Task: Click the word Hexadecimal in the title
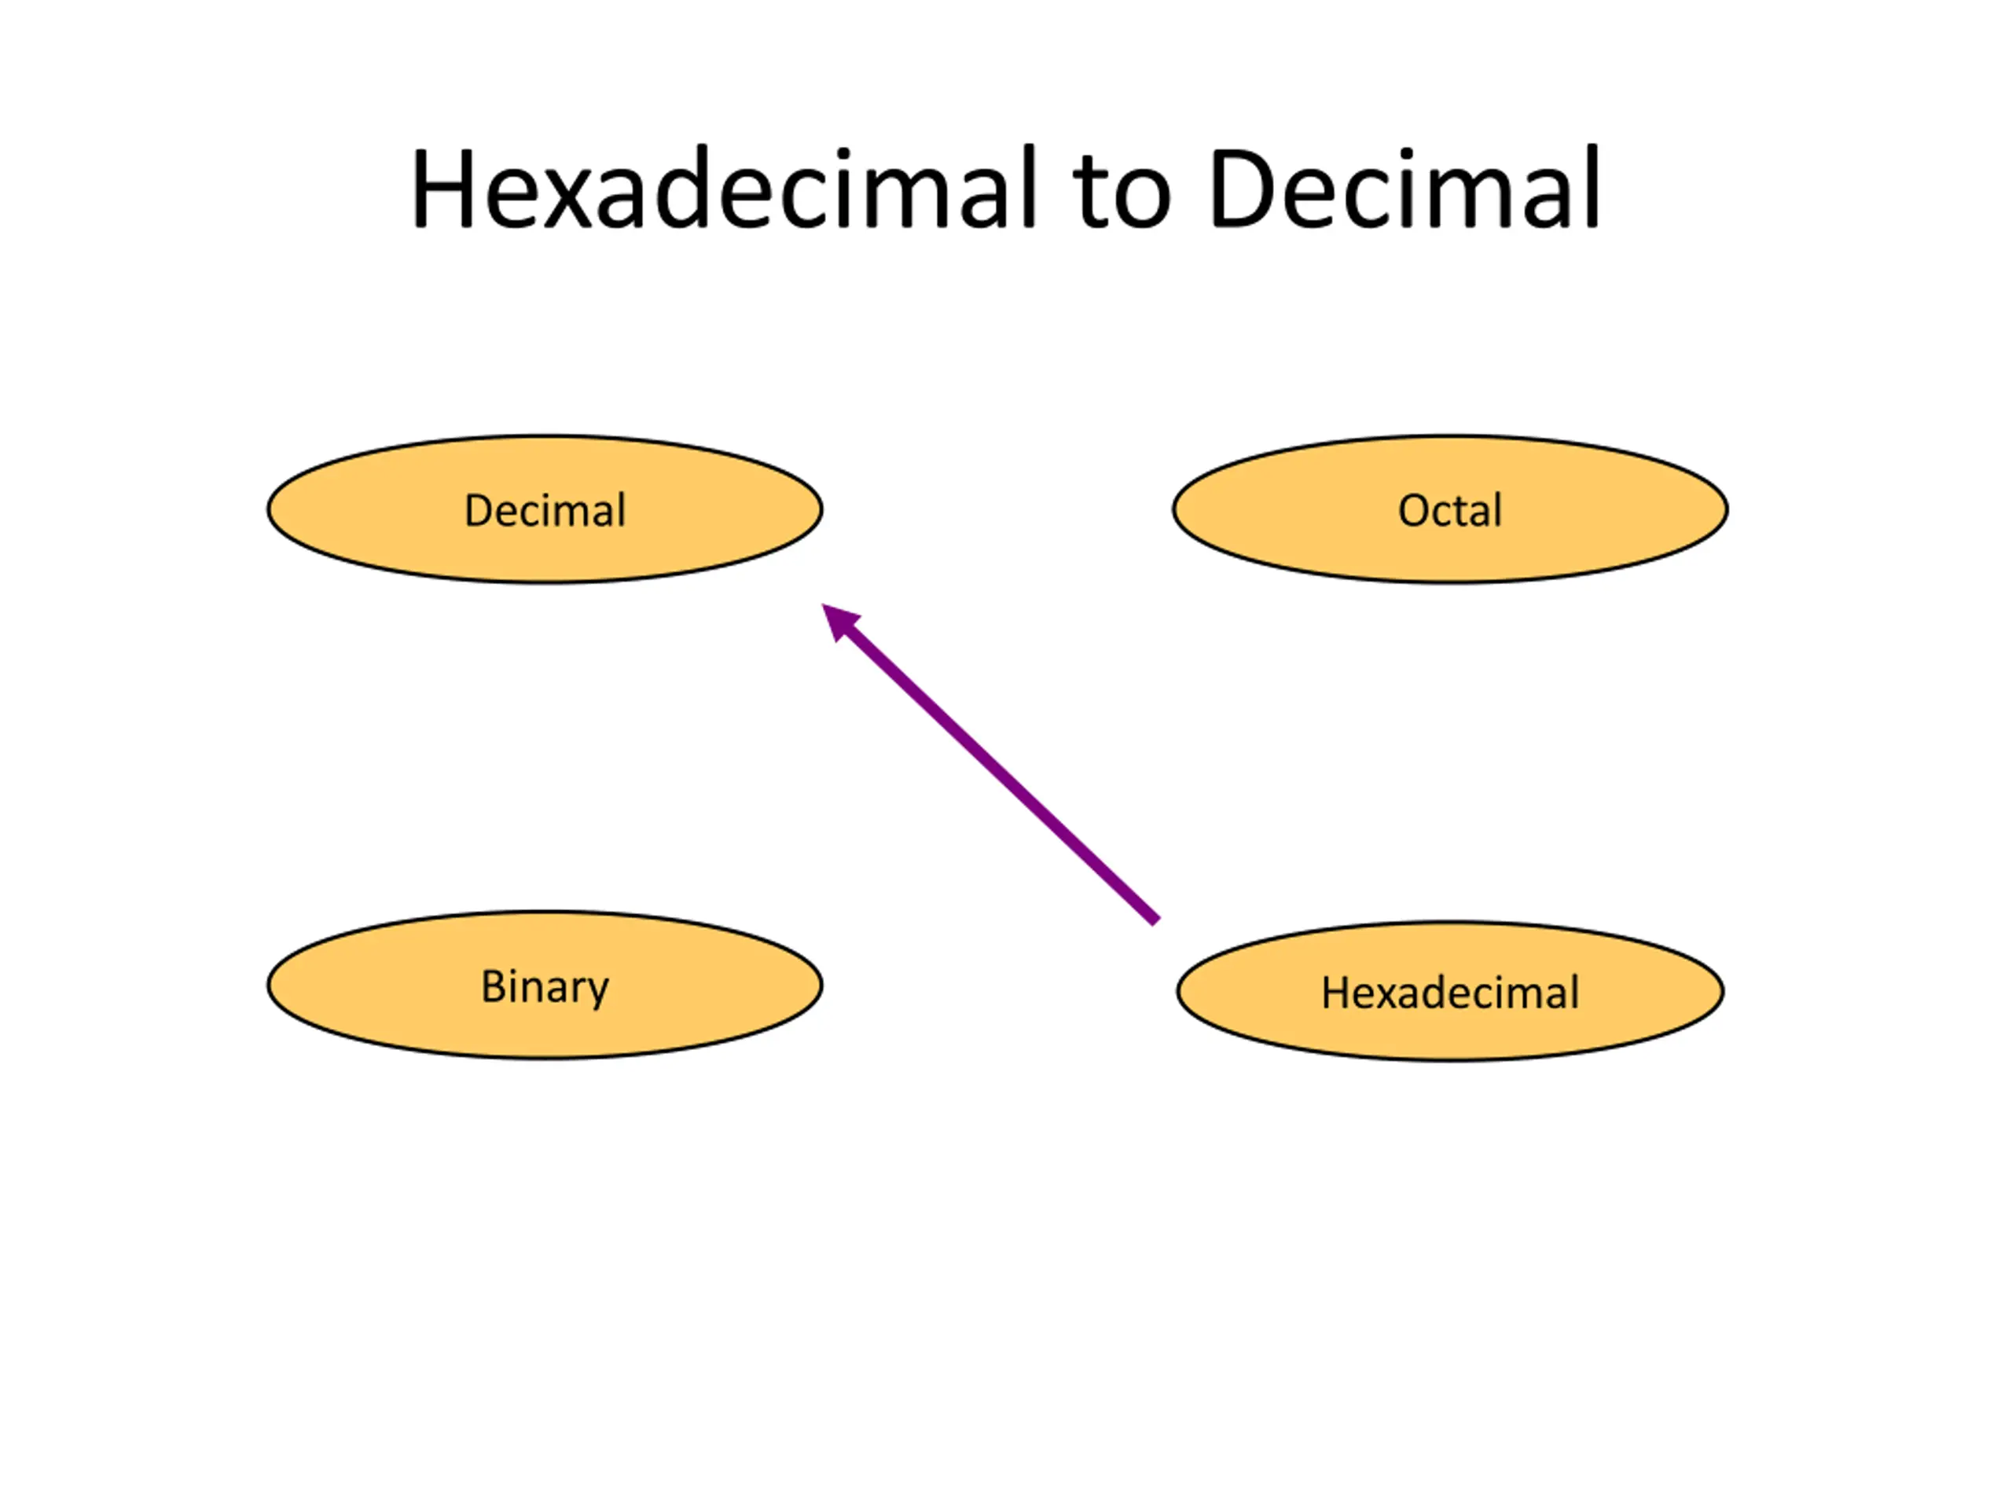click(x=723, y=189)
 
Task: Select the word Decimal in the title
click(x=1404, y=189)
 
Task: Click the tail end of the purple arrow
click(x=1156, y=920)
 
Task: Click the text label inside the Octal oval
click(x=1450, y=510)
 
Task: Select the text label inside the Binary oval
click(x=544, y=987)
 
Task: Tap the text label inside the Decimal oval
click(x=544, y=510)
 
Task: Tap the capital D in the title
click(x=1241, y=189)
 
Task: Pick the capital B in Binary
click(x=493, y=986)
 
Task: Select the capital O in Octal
click(x=1415, y=511)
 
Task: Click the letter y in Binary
click(x=597, y=991)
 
